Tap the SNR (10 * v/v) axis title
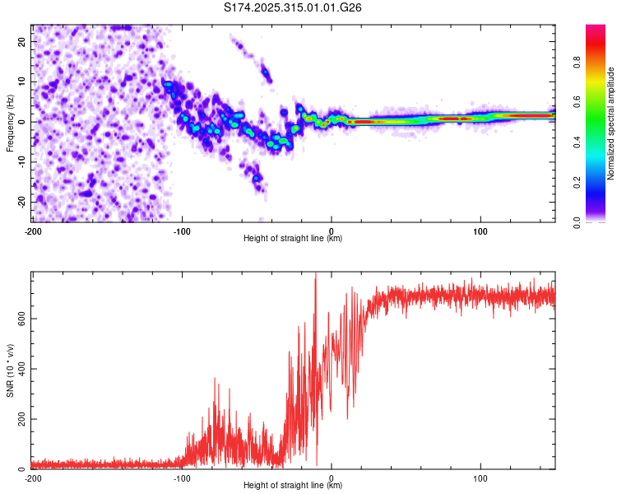pos(10,370)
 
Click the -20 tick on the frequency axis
pos(22,202)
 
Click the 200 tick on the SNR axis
pos(20,419)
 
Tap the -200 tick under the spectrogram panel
pos(33,230)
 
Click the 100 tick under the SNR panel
pos(480,478)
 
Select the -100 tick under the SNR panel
pos(182,478)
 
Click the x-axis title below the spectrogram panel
pos(293,239)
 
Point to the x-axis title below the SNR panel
pos(293,487)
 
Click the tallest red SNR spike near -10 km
pos(316,276)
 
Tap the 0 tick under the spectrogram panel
pos(332,230)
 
